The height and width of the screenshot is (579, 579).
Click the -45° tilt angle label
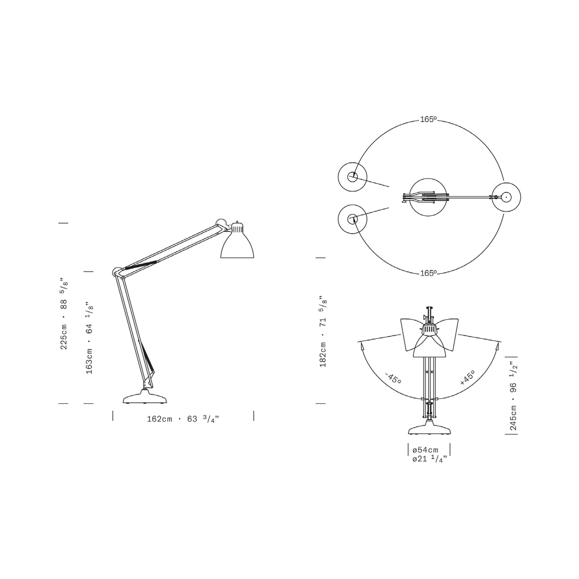[x=393, y=378]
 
